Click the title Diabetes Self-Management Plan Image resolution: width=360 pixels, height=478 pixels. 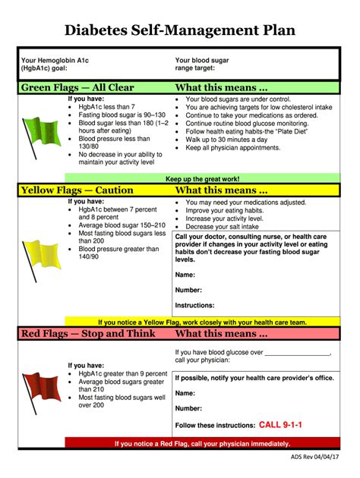180,30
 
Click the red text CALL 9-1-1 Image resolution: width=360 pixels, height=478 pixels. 281,425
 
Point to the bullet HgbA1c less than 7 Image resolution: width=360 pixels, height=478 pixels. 106,107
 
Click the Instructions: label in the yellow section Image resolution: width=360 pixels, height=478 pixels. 195,305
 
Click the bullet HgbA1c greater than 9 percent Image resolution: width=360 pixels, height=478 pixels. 122,374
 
